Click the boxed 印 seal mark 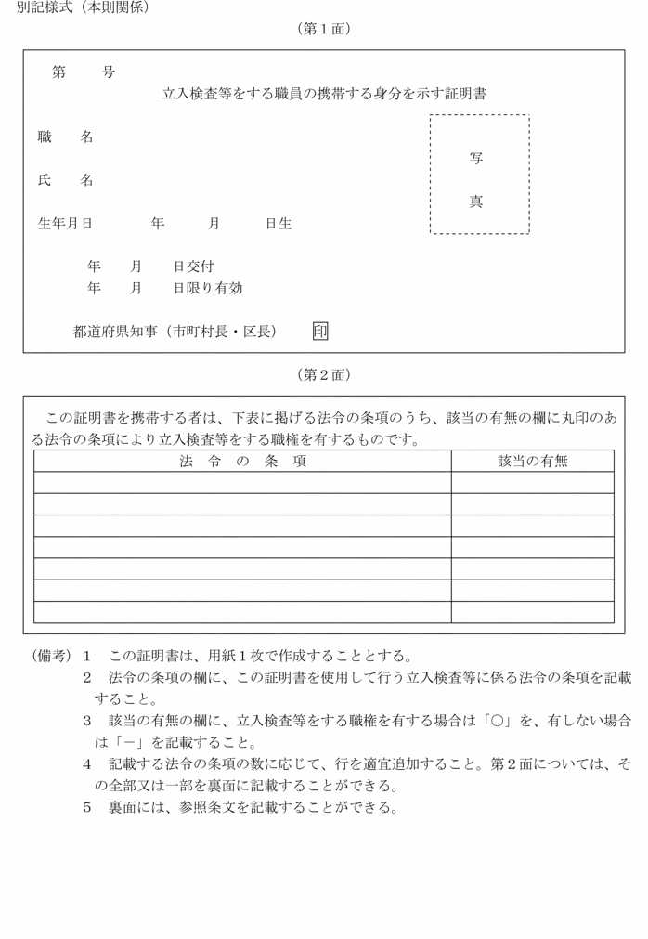tap(320, 331)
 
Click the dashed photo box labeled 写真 tap(479, 175)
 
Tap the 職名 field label tap(65, 137)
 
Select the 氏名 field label tap(65, 180)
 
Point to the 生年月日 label tap(65, 224)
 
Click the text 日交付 tap(193, 267)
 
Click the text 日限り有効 tap(208, 289)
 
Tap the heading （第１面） tap(323, 29)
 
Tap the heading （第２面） tap(323, 374)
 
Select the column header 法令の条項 tap(242, 461)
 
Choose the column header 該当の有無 tap(532, 461)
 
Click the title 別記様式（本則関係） tap(83, 7)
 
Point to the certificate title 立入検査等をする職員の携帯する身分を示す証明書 tap(324, 93)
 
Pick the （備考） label tap(52, 656)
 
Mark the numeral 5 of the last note tap(87, 806)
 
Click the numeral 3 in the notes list tap(87, 720)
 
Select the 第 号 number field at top tap(84, 72)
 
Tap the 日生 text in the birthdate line tap(279, 224)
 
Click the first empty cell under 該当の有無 tap(532, 482)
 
